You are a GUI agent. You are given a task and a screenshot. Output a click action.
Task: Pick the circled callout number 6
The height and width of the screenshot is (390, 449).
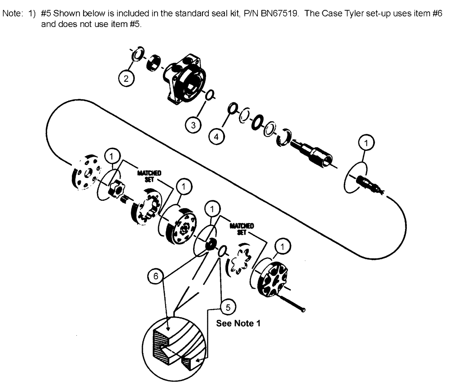click(x=155, y=277)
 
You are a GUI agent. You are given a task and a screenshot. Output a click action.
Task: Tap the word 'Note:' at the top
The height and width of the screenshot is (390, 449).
click(x=11, y=14)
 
